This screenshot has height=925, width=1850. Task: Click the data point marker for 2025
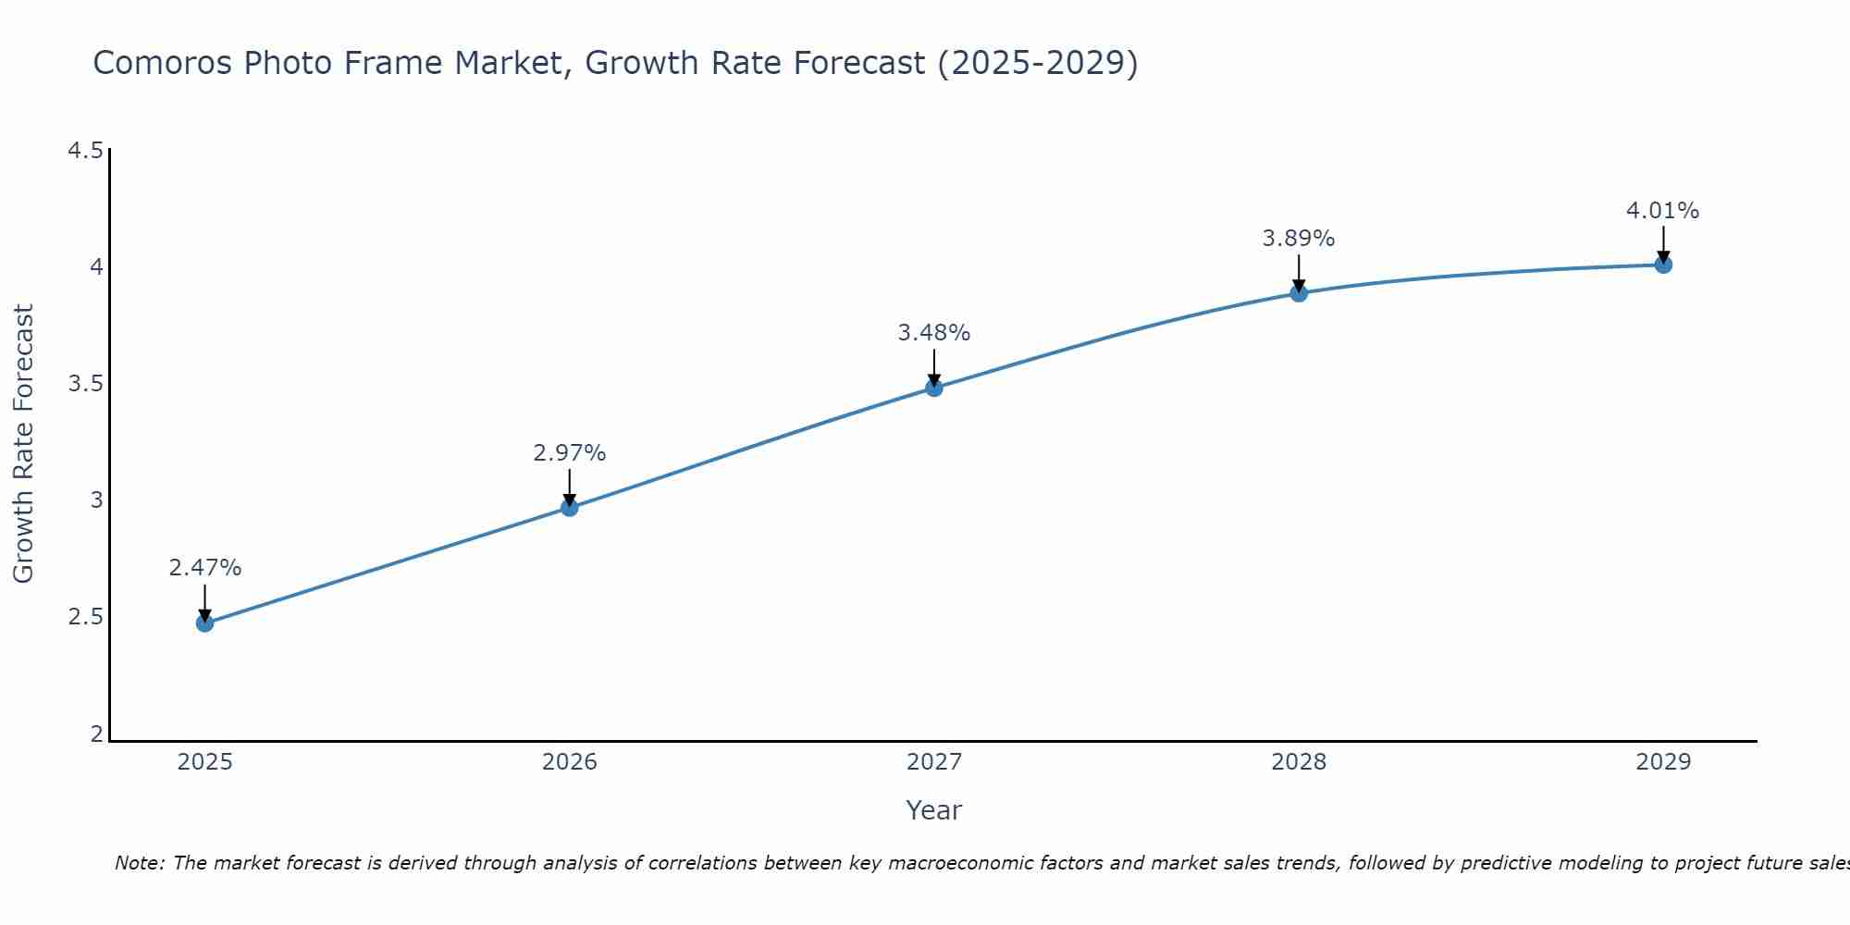(x=204, y=623)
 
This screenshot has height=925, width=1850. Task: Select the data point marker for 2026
(x=569, y=507)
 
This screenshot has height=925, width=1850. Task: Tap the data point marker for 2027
(x=934, y=388)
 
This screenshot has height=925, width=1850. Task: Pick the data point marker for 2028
(x=1299, y=293)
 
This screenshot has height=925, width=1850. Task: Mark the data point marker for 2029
(x=1663, y=265)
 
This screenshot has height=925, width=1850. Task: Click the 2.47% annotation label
(x=204, y=568)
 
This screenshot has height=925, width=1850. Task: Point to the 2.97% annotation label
(x=569, y=453)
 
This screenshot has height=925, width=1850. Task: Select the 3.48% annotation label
(x=934, y=333)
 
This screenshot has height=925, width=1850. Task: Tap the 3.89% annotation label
(x=1299, y=239)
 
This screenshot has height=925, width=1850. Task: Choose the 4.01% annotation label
(x=1663, y=211)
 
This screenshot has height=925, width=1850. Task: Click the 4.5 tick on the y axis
(x=85, y=151)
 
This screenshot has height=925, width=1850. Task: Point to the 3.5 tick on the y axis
(x=85, y=384)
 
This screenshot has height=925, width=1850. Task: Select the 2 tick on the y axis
(x=96, y=734)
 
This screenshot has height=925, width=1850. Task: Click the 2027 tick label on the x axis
(x=934, y=762)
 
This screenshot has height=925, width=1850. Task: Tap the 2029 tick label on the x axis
(x=1663, y=762)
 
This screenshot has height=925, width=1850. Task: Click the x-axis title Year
(x=934, y=810)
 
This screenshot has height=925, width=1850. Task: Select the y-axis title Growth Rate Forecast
(x=23, y=444)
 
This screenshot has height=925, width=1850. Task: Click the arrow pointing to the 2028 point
(x=1299, y=273)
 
